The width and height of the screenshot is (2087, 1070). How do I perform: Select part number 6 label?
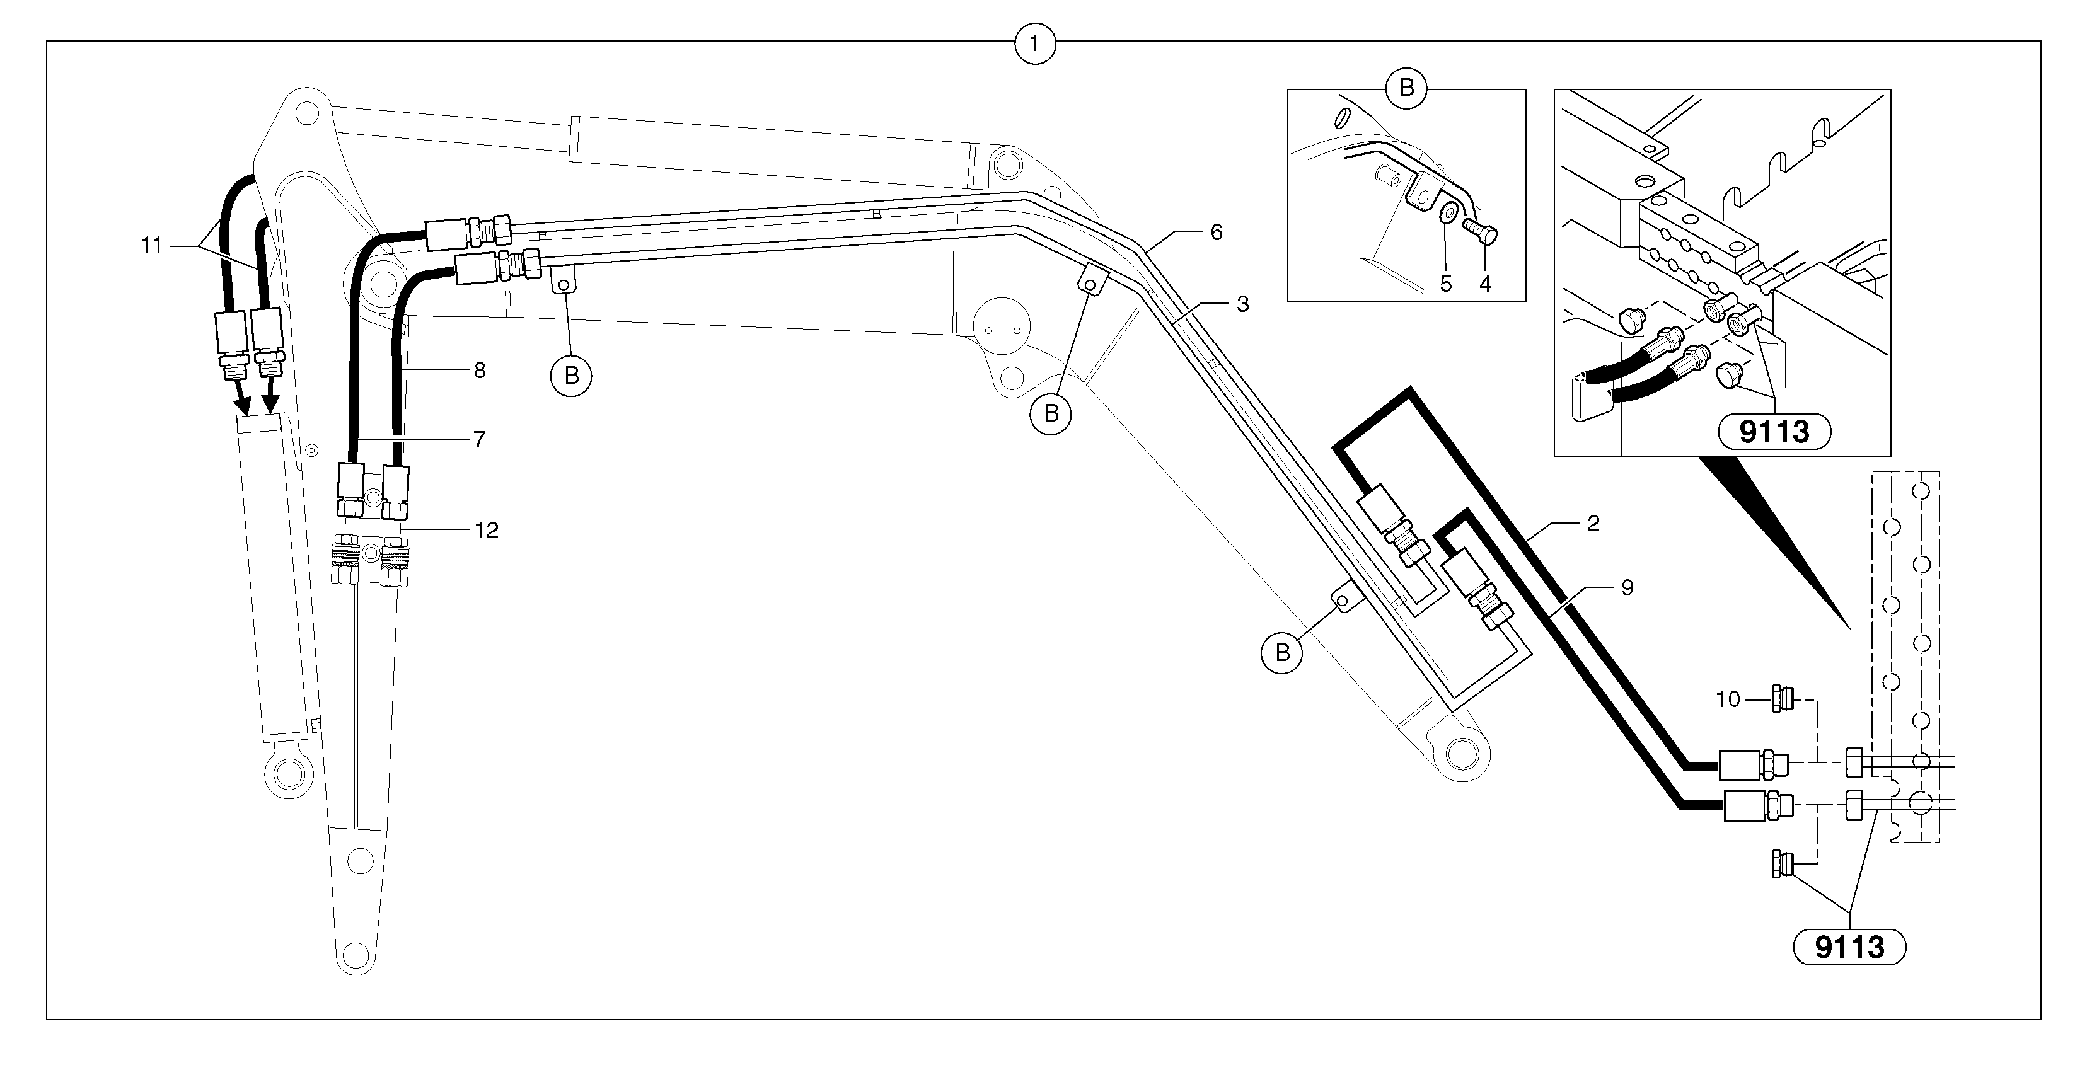pyautogui.click(x=1216, y=233)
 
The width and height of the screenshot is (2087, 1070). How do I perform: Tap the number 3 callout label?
pyautogui.click(x=1242, y=304)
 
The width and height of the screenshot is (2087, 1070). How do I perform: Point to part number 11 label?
pyautogui.click(x=151, y=244)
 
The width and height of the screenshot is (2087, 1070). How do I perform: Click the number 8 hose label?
pyautogui.click(x=480, y=370)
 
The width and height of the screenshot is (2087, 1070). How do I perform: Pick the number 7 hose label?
pyautogui.click(x=479, y=439)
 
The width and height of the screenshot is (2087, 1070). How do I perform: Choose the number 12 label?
pyautogui.click(x=486, y=530)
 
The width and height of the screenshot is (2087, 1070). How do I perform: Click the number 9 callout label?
pyautogui.click(x=1627, y=587)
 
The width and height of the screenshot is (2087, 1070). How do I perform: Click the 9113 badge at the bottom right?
pyautogui.click(x=1849, y=946)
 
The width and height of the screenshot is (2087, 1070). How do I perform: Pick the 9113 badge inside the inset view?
pyautogui.click(x=1774, y=432)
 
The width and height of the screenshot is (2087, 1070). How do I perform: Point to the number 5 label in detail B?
pyautogui.click(x=1446, y=284)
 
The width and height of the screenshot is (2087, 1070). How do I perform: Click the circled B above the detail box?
pyautogui.click(x=1406, y=88)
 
